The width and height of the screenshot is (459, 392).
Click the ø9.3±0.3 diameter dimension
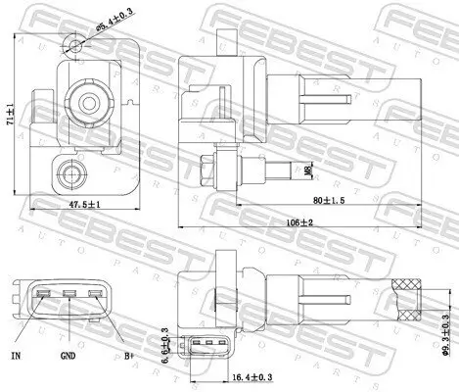coord(448,320)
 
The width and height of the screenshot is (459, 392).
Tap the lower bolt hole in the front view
coord(69,175)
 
